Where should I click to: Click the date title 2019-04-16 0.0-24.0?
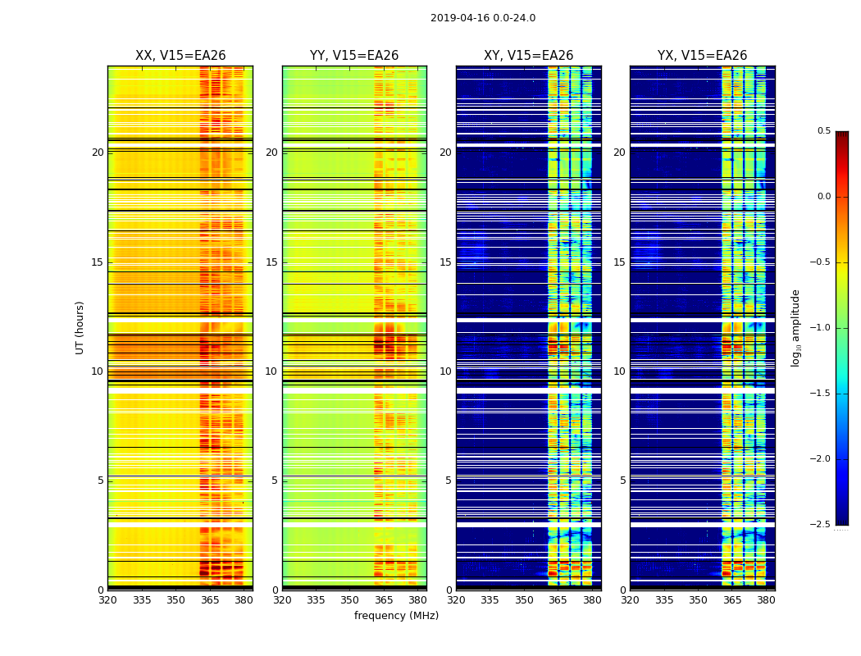(x=483, y=18)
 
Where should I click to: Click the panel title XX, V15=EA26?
(x=180, y=56)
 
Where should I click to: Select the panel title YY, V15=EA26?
(x=354, y=56)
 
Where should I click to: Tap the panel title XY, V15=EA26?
(x=528, y=56)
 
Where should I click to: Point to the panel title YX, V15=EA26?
(x=702, y=56)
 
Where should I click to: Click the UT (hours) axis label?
(x=80, y=327)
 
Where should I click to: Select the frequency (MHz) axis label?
(x=396, y=616)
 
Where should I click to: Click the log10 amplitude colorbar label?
(x=795, y=327)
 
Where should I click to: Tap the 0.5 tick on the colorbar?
(x=823, y=131)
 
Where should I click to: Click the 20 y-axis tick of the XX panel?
(x=98, y=153)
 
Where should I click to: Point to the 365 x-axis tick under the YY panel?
(x=384, y=600)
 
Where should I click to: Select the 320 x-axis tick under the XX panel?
(x=107, y=600)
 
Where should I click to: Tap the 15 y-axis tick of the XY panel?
(x=445, y=262)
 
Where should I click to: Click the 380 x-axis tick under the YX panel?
(x=766, y=600)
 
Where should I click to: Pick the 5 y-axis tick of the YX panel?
(x=622, y=481)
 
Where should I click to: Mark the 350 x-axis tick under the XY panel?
(x=524, y=600)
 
